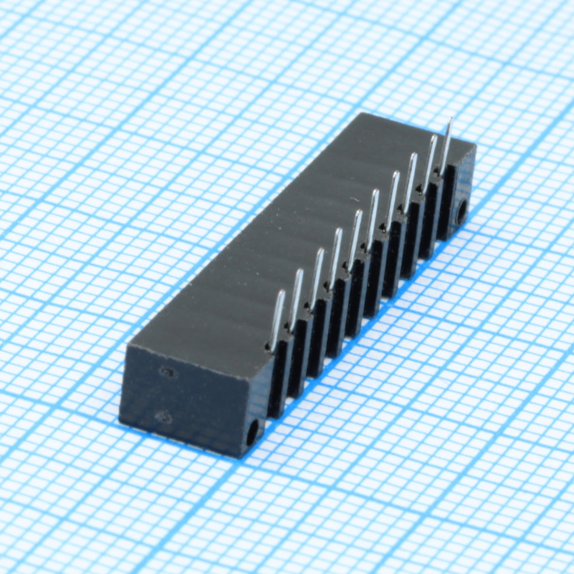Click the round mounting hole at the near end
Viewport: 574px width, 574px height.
click(x=252, y=433)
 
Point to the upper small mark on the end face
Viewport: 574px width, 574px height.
click(x=167, y=373)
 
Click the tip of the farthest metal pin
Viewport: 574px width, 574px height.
click(x=450, y=120)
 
